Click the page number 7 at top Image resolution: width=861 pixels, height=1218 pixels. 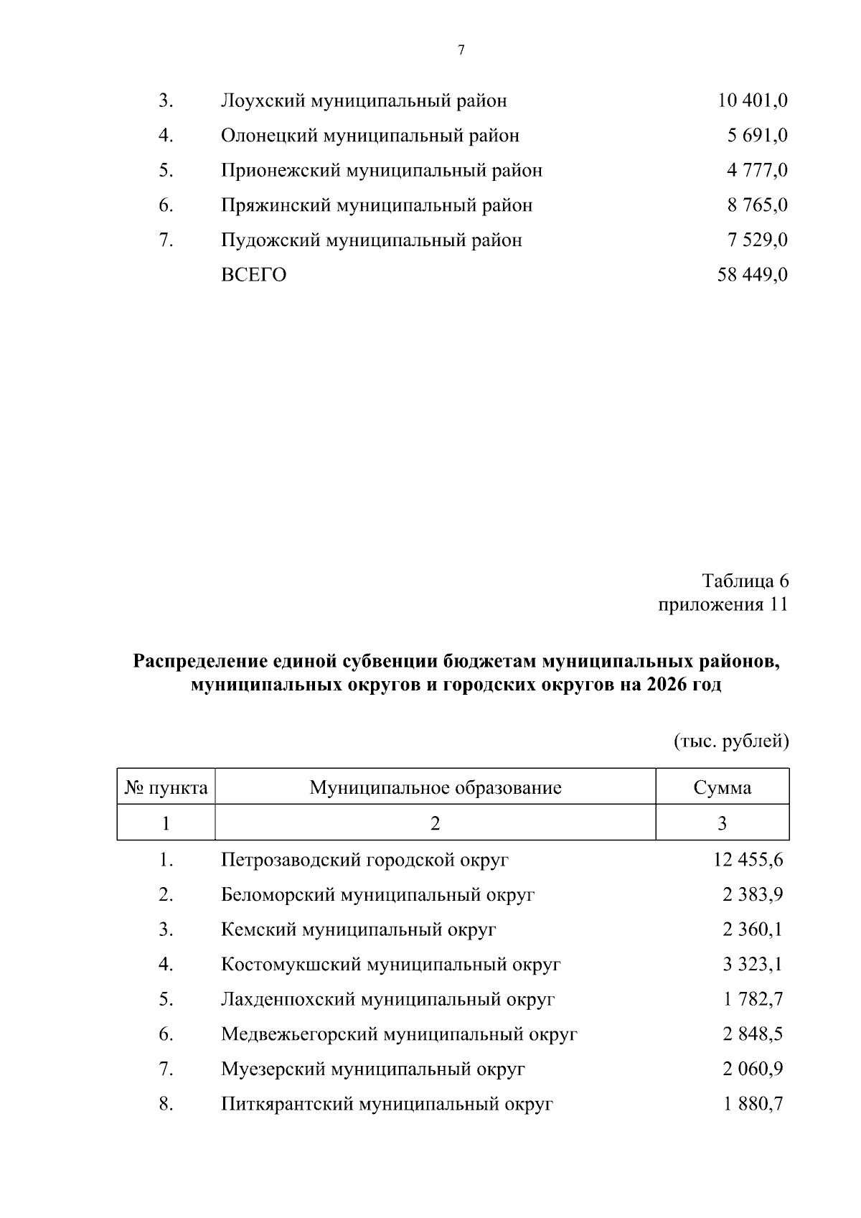461,50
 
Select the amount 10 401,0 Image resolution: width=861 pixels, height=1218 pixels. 752,100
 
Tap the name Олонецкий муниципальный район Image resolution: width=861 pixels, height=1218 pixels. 370,136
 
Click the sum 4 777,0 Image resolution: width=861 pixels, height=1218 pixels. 757,171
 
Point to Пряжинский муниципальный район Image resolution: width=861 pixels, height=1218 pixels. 377,205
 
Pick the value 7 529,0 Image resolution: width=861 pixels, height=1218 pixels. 757,240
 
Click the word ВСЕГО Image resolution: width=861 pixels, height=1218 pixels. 253,275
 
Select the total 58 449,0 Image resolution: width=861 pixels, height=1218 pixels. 752,275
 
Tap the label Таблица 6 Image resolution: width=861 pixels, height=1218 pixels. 745,581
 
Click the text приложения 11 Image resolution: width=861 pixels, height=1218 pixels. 723,605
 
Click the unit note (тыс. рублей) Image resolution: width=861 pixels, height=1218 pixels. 731,741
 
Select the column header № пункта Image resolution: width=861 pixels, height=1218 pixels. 166,788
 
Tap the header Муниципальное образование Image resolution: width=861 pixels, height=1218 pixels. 435,788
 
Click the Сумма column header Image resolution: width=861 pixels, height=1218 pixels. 722,788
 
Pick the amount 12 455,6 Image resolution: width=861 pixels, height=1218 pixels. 748,859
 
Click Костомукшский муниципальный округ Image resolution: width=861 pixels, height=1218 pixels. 390,964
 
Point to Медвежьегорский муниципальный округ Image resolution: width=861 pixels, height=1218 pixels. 399,1034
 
